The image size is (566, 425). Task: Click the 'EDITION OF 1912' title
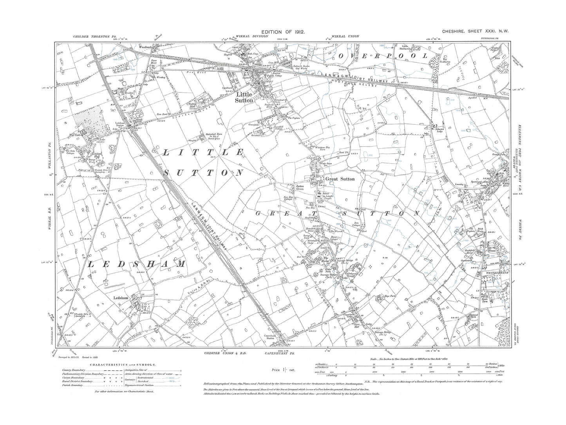point(283,31)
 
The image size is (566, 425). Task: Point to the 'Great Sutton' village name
point(340,179)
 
